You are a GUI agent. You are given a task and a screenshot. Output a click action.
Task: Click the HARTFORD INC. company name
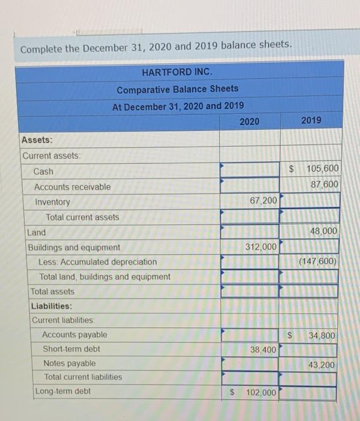click(177, 72)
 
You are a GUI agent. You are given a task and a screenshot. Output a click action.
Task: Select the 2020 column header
click(249, 121)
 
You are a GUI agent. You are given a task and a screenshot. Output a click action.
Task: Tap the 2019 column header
click(311, 120)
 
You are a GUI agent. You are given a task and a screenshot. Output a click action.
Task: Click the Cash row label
click(43, 171)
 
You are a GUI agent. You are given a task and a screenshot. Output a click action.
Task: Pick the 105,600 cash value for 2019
click(323, 169)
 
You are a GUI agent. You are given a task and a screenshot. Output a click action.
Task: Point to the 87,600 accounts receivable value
click(324, 184)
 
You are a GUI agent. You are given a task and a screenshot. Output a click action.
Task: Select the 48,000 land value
click(324, 231)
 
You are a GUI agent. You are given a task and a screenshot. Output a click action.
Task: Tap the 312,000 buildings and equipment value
click(261, 247)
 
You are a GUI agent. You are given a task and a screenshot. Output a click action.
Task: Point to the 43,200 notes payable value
click(322, 364)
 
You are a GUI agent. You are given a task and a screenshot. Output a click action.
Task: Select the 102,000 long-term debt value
click(261, 393)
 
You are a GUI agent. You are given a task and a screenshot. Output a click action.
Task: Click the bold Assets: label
click(37, 140)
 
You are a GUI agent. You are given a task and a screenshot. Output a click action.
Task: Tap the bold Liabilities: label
click(50, 306)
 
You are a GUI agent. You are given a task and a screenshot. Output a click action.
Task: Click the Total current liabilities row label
click(83, 377)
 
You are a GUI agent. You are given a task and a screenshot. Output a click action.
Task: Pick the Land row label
click(37, 232)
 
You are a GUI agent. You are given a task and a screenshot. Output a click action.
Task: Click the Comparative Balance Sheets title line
click(177, 89)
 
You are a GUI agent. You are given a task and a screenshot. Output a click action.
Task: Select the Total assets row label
click(53, 292)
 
